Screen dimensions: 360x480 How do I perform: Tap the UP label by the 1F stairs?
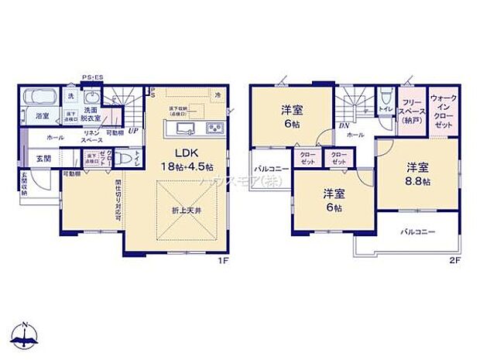pyautogui.click(x=133, y=131)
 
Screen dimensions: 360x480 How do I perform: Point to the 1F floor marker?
pyautogui.click(x=223, y=262)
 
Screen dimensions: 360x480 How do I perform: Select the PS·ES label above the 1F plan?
pyautogui.click(x=93, y=77)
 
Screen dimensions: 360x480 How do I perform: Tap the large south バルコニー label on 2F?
pyautogui.click(x=417, y=232)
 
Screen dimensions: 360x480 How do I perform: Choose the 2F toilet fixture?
pyautogui.click(x=385, y=98)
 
